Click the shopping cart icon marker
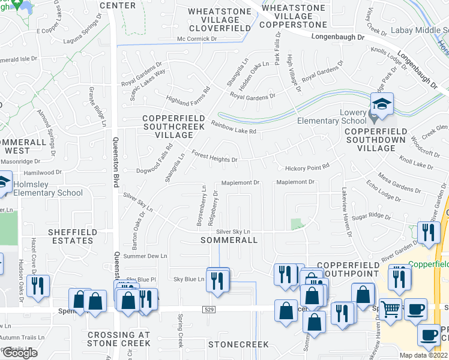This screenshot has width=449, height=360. tap(391, 310)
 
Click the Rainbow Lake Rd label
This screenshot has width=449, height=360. tap(234, 128)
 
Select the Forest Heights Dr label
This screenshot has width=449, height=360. tap(214, 157)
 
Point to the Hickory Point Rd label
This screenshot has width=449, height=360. tap(307, 167)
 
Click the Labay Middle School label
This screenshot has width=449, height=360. tap(420, 30)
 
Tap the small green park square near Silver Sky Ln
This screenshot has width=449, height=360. tap(297, 224)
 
